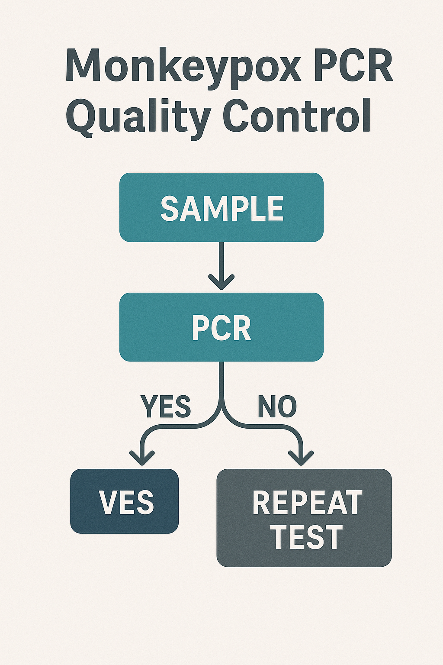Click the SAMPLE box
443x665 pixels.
click(x=221, y=207)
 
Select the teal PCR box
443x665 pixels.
click(x=221, y=327)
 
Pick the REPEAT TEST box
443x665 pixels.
click(x=304, y=518)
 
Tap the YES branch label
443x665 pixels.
click(x=166, y=407)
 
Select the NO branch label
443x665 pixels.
click(x=277, y=407)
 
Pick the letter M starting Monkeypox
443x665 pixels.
click(x=82, y=65)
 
